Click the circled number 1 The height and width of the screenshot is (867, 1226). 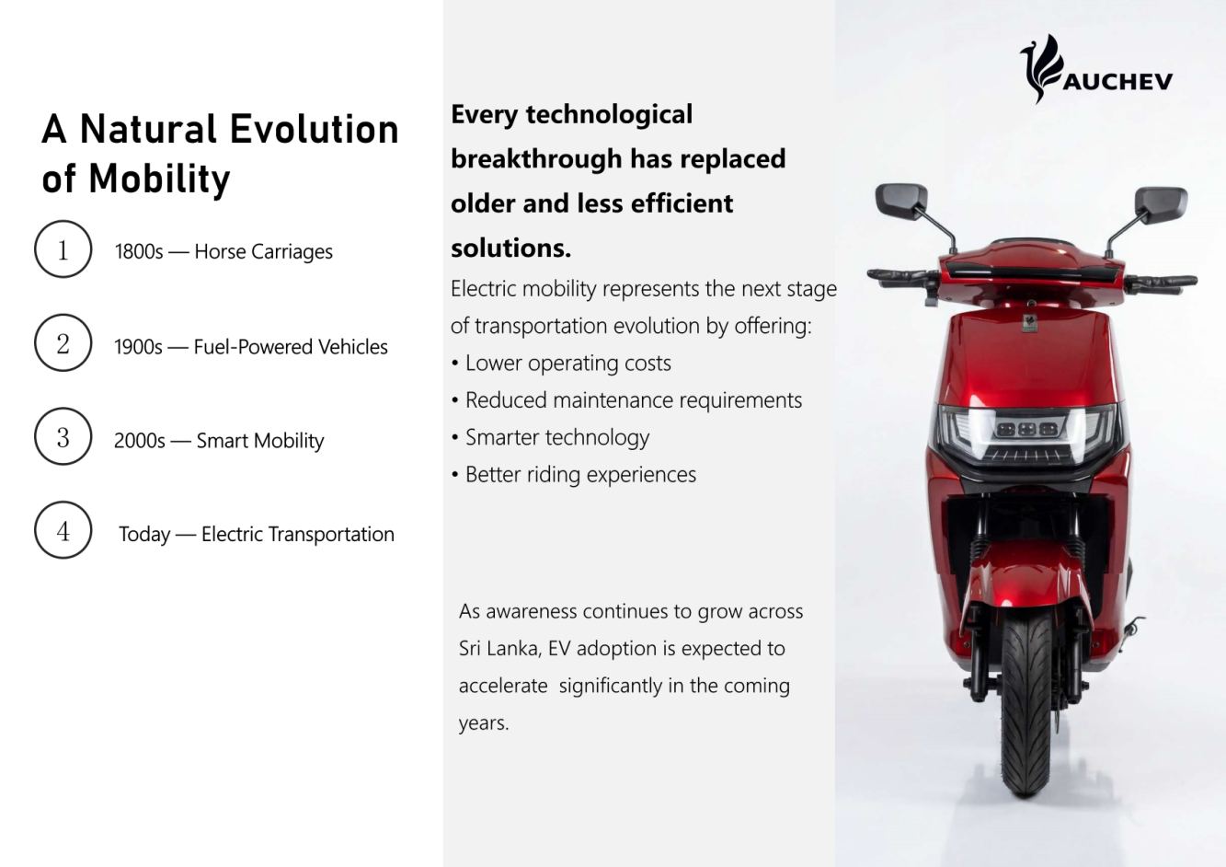pyautogui.click(x=63, y=249)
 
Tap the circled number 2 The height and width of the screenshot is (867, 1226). pyautogui.click(x=63, y=343)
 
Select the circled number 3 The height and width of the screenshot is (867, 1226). pyautogui.click(x=63, y=436)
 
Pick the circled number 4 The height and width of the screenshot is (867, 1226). pyautogui.click(x=63, y=530)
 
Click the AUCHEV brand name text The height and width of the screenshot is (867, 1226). pyautogui.click(x=1118, y=82)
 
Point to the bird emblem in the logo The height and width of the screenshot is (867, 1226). pyautogui.click(x=1041, y=69)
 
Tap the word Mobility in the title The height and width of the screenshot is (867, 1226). pyautogui.click(x=159, y=179)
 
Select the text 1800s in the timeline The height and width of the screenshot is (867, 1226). pyautogui.click(x=139, y=252)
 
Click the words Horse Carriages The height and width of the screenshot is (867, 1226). pyautogui.click(x=263, y=252)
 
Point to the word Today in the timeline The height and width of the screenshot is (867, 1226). pyautogui.click(x=144, y=535)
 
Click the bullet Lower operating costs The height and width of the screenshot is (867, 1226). pyautogui.click(x=561, y=364)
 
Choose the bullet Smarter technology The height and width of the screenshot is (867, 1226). pyautogui.click(x=550, y=437)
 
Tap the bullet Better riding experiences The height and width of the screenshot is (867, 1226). pyautogui.click(x=574, y=475)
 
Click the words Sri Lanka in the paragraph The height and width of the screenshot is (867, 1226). pyautogui.click(x=499, y=649)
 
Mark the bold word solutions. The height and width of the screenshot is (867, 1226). pyautogui.click(x=510, y=249)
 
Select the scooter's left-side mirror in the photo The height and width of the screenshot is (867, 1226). pyautogui.click(x=901, y=201)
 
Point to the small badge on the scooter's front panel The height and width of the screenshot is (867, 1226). pyautogui.click(x=1029, y=322)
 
